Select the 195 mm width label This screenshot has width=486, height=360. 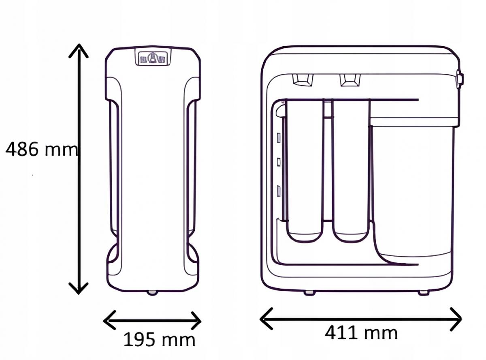[159, 340]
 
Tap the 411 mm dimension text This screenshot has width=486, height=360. [360, 333]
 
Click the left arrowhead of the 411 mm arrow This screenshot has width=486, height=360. [264, 319]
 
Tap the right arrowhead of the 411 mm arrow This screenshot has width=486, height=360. [458, 319]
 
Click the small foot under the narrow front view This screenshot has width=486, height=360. [152, 292]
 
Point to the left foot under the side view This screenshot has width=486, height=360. [309, 292]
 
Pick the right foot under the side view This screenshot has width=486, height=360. [423, 292]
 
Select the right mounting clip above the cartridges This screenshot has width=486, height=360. [350, 79]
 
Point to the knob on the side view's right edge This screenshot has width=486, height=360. [459, 78]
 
